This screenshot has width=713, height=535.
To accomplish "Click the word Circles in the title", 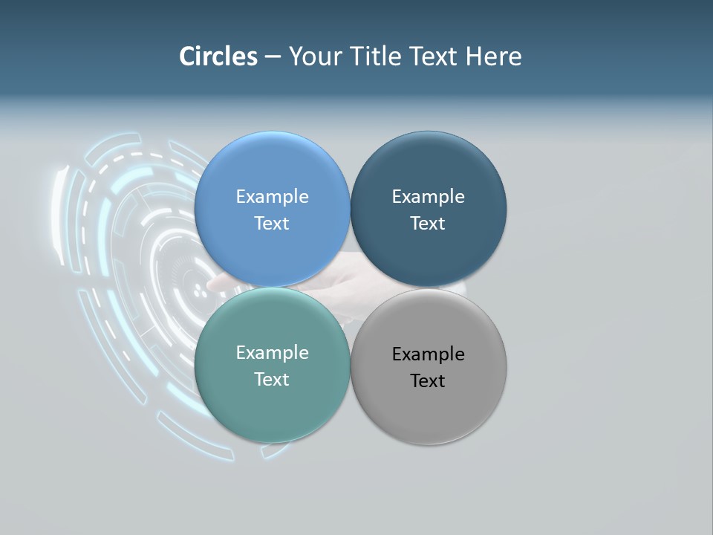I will [218, 56].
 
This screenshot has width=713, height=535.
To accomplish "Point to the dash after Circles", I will [273, 57].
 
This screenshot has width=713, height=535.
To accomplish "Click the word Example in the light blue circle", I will [272, 197].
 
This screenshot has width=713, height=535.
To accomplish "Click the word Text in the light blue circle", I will [272, 224].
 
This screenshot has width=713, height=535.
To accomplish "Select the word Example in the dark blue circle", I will [428, 197].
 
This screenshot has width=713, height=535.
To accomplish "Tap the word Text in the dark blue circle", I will [428, 224].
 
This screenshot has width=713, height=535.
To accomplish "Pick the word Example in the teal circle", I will [272, 353].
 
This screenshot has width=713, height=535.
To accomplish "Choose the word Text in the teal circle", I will [272, 380].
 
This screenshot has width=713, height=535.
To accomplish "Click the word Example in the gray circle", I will [428, 354].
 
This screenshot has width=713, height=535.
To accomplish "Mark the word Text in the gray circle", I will [428, 381].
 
